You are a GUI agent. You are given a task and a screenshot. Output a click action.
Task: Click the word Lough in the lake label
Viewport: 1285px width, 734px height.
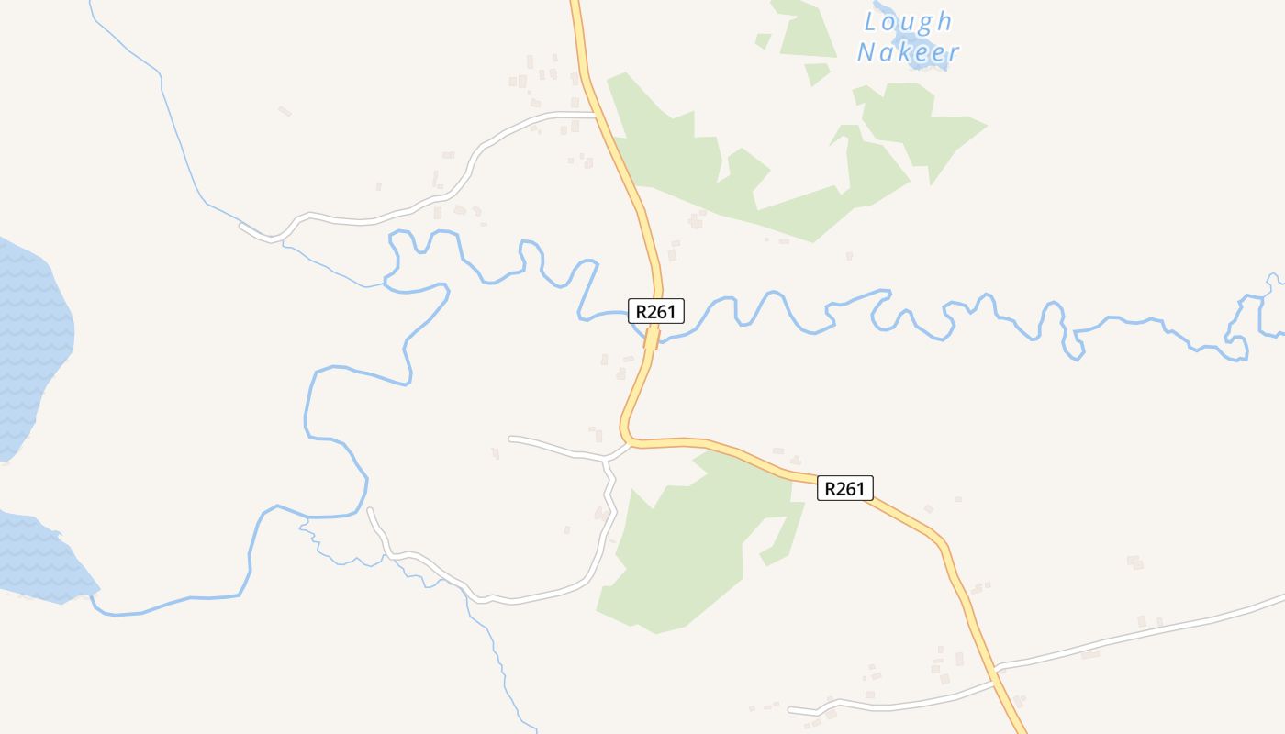tap(909, 22)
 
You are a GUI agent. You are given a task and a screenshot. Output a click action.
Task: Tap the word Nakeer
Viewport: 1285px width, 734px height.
tap(909, 52)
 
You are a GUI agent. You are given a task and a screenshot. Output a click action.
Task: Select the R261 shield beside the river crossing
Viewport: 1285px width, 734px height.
tap(656, 312)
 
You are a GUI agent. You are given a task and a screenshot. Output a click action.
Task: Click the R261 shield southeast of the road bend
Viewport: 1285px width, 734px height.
tap(844, 488)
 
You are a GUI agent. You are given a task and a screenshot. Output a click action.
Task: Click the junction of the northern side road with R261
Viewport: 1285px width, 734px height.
tap(598, 115)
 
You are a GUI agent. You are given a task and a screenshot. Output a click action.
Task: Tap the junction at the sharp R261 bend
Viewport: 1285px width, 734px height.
tap(629, 442)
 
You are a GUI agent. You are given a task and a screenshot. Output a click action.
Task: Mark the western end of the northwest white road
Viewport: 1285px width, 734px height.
tap(241, 225)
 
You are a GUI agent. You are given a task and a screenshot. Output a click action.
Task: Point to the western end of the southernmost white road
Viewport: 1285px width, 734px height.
tap(790, 709)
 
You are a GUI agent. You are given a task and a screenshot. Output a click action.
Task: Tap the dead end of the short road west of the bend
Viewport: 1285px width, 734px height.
tap(510, 439)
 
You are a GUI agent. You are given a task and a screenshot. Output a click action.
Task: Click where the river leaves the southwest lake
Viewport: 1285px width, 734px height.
tap(92, 596)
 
